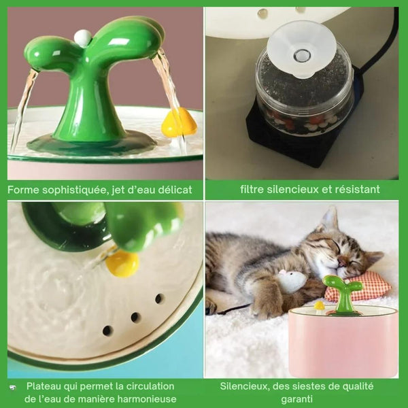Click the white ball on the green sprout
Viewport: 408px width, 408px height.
tap(82, 38)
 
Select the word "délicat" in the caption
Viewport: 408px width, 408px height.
tap(173, 190)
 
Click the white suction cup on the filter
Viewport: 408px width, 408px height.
tap(301, 48)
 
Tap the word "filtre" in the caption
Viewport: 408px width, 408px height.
tap(254, 189)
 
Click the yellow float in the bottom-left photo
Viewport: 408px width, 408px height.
tap(122, 264)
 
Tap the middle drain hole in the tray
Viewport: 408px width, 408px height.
tap(135, 317)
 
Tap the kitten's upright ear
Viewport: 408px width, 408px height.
tap(330, 219)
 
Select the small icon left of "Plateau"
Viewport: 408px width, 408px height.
tap(13, 387)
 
